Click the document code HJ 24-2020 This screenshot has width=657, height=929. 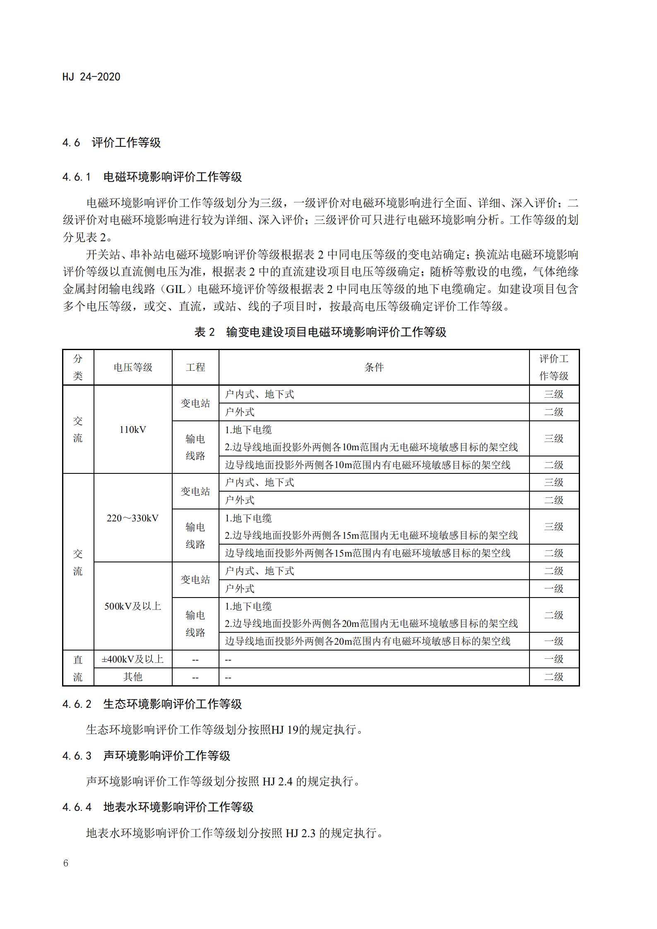click(x=91, y=77)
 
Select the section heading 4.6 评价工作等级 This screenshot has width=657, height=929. click(x=111, y=143)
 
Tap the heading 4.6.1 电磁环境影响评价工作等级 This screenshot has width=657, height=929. click(x=152, y=177)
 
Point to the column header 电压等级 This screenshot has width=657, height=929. click(x=133, y=367)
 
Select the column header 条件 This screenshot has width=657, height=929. click(x=374, y=367)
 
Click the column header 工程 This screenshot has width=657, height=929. click(x=195, y=367)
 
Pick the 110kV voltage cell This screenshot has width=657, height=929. click(x=133, y=430)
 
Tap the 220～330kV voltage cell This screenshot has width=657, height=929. click(x=133, y=518)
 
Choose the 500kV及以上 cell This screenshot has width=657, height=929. click(x=133, y=606)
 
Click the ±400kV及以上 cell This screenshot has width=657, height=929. click(x=133, y=659)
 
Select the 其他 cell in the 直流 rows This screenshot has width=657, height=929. click(x=133, y=677)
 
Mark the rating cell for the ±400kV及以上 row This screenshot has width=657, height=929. click(x=554, y=659)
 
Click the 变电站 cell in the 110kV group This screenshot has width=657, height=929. click(x=195, y=403)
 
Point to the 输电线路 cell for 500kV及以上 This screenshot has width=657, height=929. click(x=195, y=624)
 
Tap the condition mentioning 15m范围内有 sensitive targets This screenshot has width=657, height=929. click(x=368, y=553)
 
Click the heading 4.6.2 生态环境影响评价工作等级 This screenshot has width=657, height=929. click(x=152, y=704)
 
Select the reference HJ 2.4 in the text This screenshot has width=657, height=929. click(x=277, y=781)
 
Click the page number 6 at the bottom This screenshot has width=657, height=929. click(x=66, y=863)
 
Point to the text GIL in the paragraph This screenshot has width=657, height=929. click(x=176, y=289)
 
